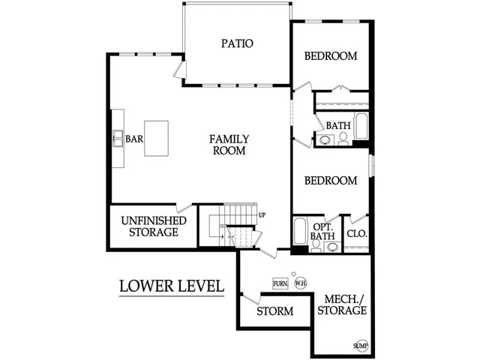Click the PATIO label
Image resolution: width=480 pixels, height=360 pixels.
pos(236,43)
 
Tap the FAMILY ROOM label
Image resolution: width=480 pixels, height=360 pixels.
pos(229,145)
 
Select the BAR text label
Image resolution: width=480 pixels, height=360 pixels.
pos(134,139)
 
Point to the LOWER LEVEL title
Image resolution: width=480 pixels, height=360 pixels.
pos(172,286)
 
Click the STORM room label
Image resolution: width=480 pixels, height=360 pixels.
pos(274,311)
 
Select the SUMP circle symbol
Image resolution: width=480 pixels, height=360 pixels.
pos(361,346)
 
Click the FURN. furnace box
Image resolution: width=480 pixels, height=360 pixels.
pos(280,283)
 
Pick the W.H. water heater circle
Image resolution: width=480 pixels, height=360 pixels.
pos(300,283)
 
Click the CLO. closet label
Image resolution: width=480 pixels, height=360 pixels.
pos(356,234)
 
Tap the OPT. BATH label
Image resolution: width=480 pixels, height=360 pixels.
pos(322,232)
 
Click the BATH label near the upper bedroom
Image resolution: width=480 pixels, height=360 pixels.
pos(337,126)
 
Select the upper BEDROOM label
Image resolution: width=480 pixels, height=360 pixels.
pos(331,56)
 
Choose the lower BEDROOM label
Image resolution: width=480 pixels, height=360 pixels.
pos(330,181)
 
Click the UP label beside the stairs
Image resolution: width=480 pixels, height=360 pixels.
pos(262,215)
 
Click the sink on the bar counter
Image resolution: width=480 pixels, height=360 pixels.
pos(118,139)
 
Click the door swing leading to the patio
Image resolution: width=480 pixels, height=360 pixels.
pos(178,69)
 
